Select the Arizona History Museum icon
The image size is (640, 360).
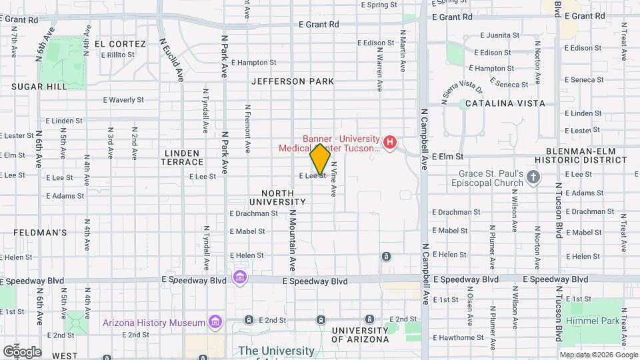pos(215,323)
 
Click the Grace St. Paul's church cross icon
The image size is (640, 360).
pos(533,177)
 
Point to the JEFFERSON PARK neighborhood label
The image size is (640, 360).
pos(293,81)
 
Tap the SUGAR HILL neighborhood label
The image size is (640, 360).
pos(39,87)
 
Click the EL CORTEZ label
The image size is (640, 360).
pos(120,44)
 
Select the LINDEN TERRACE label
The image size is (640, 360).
pos(183,157)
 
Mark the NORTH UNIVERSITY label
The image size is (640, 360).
pos(277,197)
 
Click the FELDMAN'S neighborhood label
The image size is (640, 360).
pos(41,233)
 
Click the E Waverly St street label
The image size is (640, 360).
pos(123,100)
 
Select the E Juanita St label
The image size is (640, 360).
pos(496,35)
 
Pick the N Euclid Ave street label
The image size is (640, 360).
pos(172,59)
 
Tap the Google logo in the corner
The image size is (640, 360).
pos(22,351)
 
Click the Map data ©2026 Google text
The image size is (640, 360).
pos(598,355)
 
